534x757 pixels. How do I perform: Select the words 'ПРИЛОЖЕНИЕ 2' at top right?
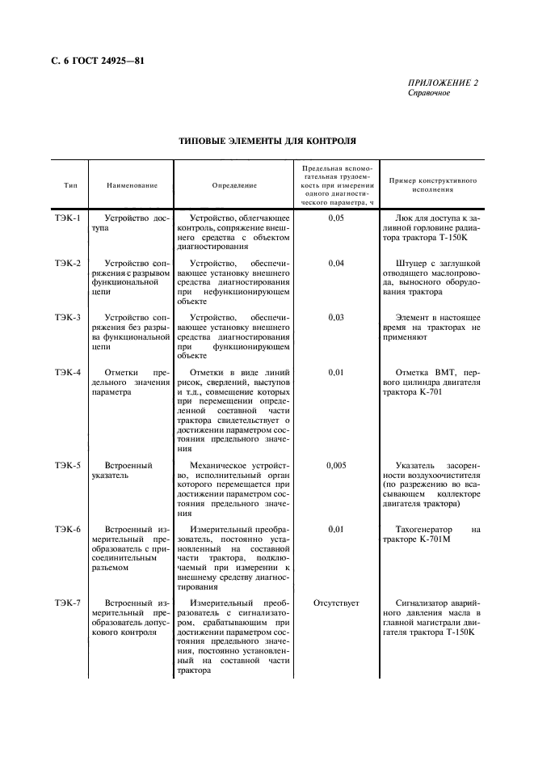coord(444,83)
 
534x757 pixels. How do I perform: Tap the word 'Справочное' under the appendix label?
coord(429,93)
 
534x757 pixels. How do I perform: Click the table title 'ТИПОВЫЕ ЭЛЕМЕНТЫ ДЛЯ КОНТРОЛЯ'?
coord(267,140)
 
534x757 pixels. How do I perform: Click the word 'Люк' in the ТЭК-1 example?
coord(406,218)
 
